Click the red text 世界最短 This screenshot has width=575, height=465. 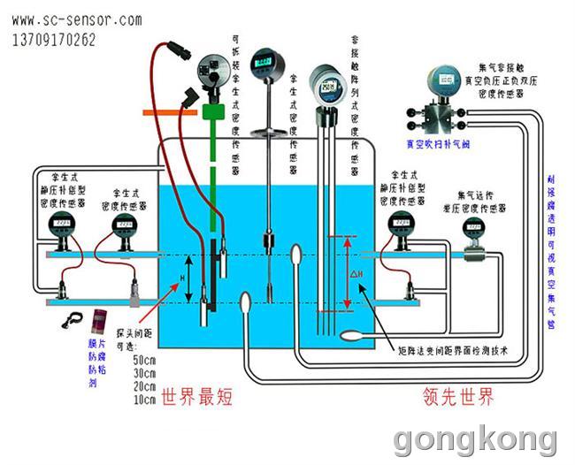196,398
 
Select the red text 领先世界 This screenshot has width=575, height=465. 456,398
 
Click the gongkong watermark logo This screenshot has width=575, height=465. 475,439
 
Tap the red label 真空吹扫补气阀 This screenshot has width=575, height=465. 434,141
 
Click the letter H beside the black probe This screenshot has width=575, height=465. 183,278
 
